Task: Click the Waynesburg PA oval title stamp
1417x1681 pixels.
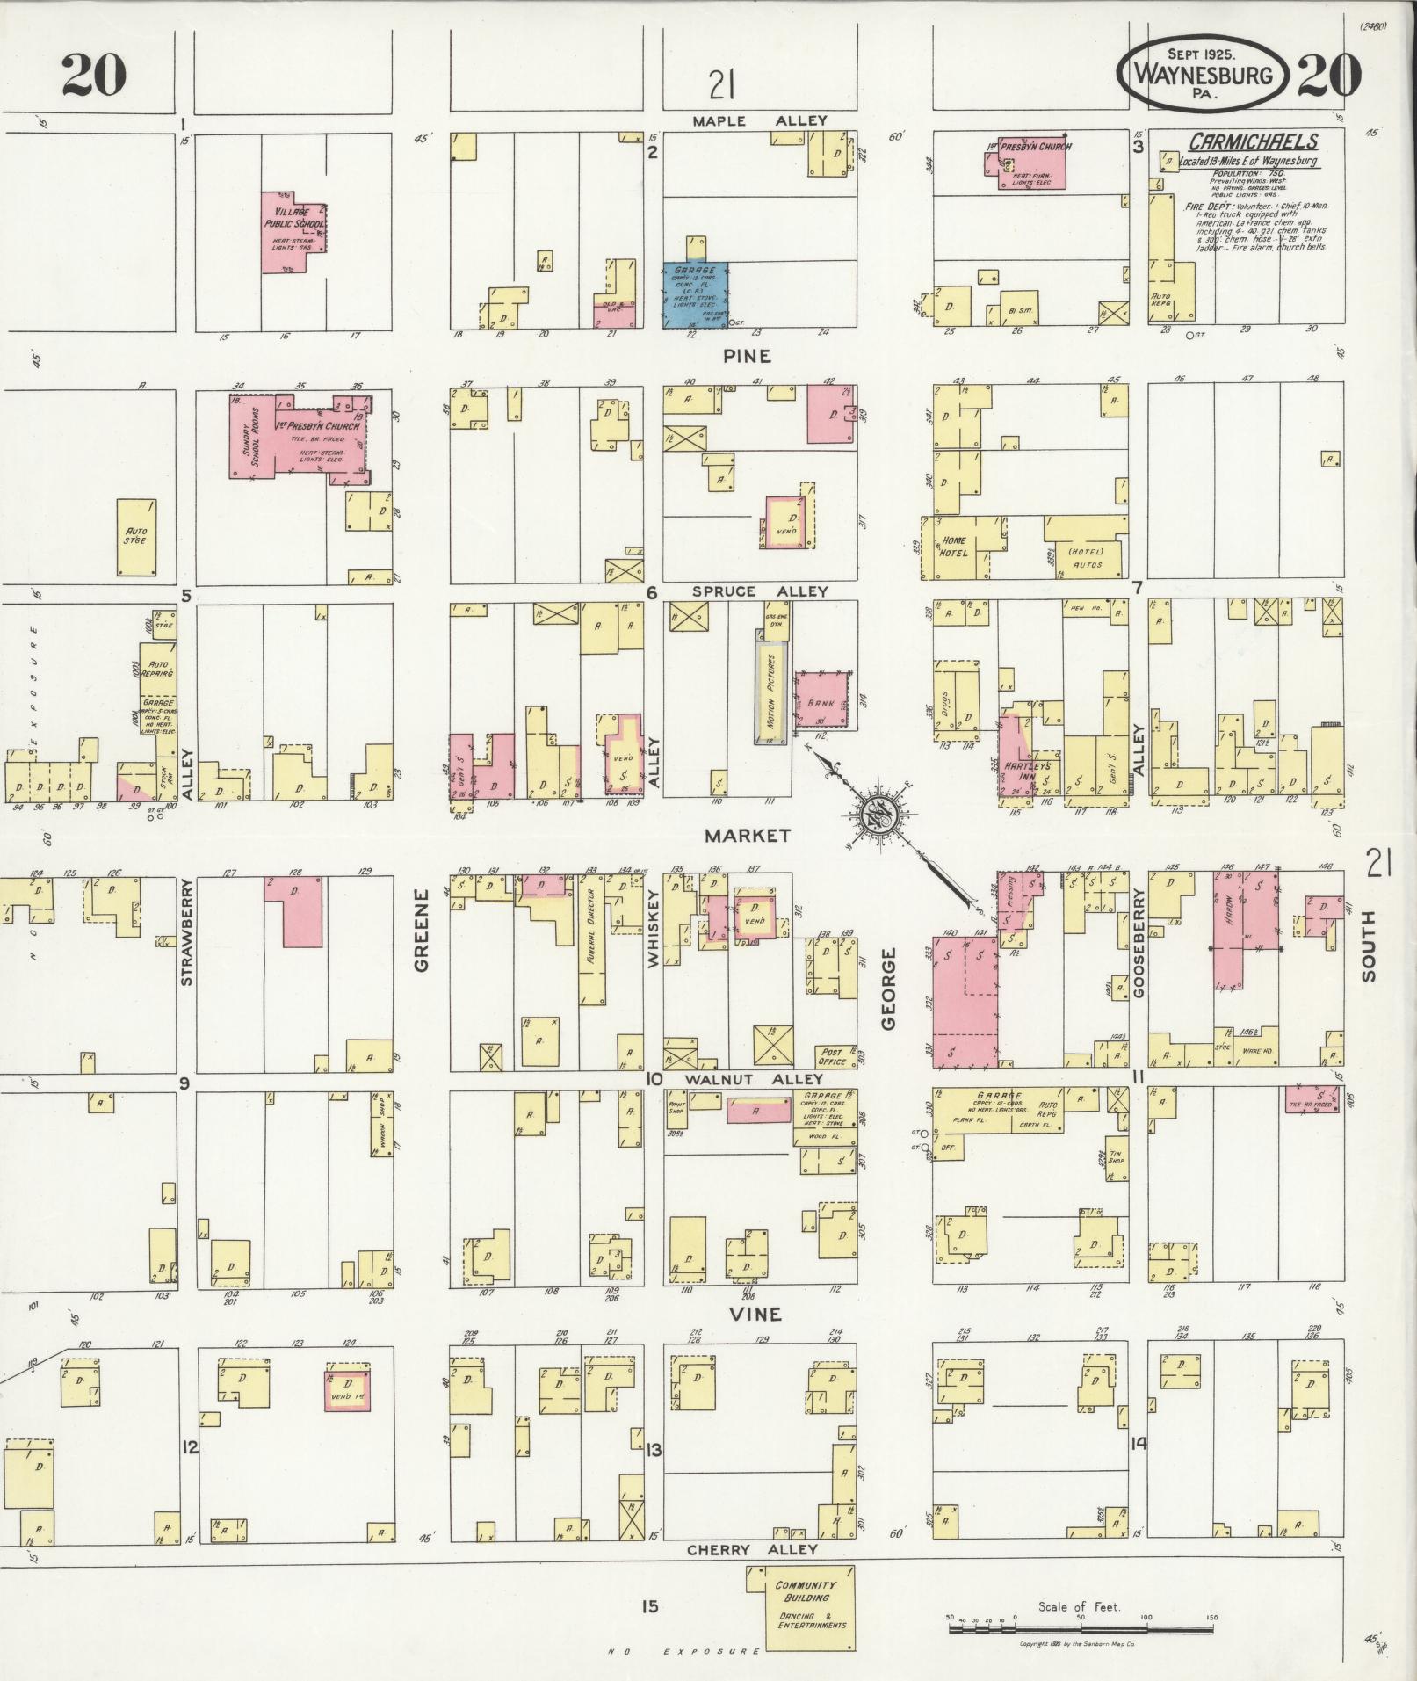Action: click(1205, 74)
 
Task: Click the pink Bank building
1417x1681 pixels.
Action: click(824, 700)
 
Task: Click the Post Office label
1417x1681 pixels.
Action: click(832, 1055)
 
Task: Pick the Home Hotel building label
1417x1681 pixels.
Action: click(954, 546)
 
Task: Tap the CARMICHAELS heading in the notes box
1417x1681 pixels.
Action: click(1253, 141)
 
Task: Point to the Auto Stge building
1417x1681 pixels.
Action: click(137, 537)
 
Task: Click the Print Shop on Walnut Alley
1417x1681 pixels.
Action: click(676, 1107)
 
